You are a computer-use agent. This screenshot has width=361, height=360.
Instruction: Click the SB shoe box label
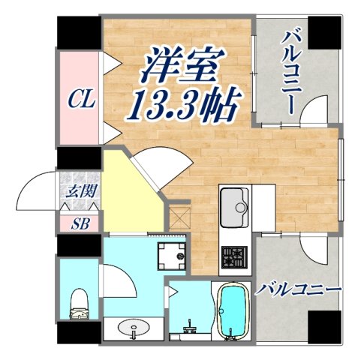(79, 223)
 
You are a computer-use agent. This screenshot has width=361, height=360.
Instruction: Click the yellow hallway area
(131, 191)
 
